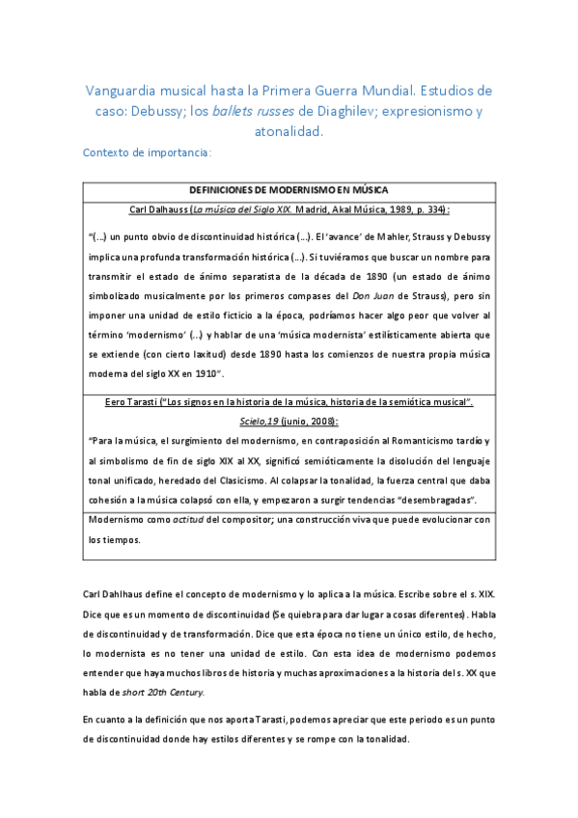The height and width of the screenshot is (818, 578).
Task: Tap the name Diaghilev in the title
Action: coord(363,111)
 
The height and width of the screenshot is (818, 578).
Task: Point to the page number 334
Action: coord(432,208)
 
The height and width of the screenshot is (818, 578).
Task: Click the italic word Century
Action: coord(183,693)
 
